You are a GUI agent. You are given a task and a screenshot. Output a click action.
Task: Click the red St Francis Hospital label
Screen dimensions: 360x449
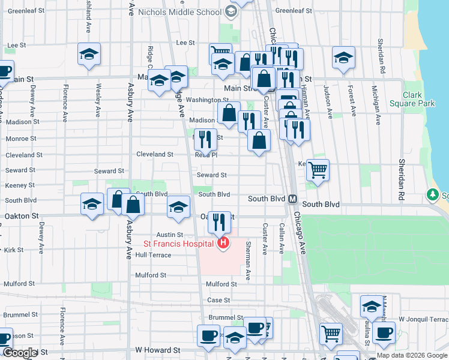point(178,244)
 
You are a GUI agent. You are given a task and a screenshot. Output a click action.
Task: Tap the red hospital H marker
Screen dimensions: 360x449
point(223,243)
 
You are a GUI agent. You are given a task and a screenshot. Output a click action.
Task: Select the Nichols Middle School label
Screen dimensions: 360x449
point(179,12)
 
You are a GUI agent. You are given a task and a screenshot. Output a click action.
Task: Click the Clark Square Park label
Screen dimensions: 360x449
point(418,99)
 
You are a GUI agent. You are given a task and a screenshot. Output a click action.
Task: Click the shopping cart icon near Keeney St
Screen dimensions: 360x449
point(318,169)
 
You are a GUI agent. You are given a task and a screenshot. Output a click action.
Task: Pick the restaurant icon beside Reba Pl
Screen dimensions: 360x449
point(205,139)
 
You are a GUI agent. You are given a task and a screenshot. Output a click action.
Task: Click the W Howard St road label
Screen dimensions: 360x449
point(157,349)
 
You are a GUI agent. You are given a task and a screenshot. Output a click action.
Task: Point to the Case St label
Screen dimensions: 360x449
point(218,300)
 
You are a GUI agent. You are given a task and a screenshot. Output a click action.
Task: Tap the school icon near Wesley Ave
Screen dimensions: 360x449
point(89,55)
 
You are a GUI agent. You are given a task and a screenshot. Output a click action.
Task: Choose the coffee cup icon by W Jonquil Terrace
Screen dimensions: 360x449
point(384,332)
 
